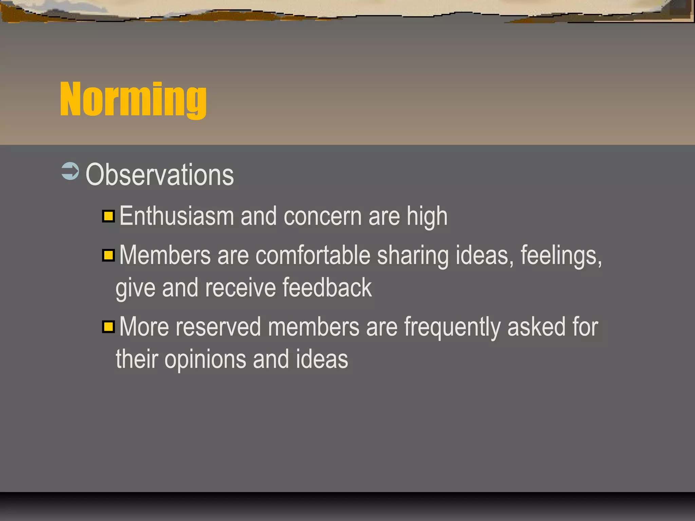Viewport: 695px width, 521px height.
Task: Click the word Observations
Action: tap(159, 175)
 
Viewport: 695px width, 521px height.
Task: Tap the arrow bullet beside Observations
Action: tap(70, 171)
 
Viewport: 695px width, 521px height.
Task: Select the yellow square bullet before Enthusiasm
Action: tap(109, 216)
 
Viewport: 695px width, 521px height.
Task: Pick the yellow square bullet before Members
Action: tap(109, 255)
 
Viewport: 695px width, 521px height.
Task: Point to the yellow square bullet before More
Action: tap(109, 327)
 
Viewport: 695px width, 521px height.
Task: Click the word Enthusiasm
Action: tap(176, 216)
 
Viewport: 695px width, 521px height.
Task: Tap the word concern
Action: tap(322, 216)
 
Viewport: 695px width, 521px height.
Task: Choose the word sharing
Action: tap(413, 255)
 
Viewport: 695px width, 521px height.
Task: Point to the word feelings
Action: tap(561, 255)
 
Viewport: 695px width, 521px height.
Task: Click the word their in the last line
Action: tap(137, 359)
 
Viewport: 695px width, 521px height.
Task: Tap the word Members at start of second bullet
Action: tap(165, 255)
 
